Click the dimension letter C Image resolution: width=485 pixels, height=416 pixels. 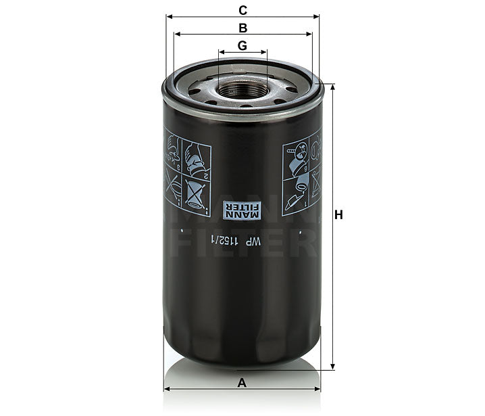pyautogui.click(x=242, y=9)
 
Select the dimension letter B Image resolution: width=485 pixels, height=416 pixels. pyautogui.click(x=242, y=28)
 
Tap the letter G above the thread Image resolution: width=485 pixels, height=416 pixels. pyautogui.click(x=242, y=45)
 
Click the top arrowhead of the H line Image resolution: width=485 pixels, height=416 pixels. pyautogui.click(x=332, y=87)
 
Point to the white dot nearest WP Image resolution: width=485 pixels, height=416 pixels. pyautogui.click(x=301, y=233)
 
